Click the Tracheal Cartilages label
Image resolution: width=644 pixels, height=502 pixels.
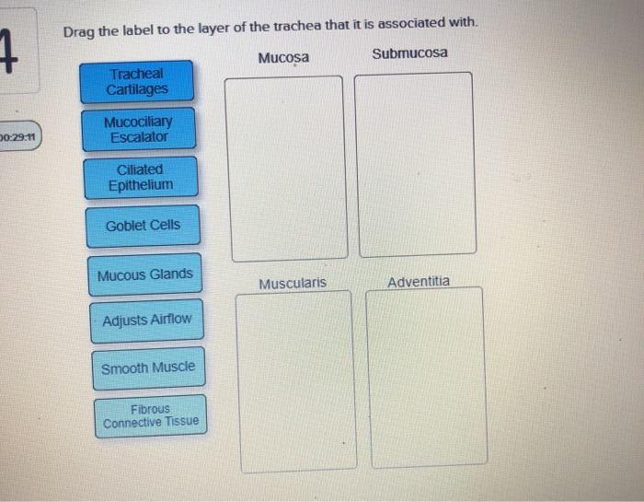point(137,81)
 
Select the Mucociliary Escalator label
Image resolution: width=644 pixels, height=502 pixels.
point(139,129)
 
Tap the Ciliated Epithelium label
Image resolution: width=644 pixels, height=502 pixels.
point(141,177)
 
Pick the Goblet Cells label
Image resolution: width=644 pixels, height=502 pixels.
point(143,226)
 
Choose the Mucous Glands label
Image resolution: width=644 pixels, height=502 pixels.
point(145,274)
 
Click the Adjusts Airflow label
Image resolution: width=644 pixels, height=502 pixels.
point(147,321)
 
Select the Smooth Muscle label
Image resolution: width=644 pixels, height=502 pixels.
point(149,368)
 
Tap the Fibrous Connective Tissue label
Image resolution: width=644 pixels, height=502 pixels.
point(151,416)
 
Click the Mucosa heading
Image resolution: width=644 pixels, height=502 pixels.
point(283,57)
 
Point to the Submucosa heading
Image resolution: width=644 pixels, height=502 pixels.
point(409,53)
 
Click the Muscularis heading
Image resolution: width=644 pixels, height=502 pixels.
point(293,284)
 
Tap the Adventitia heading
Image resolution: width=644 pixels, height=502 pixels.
point(419,282)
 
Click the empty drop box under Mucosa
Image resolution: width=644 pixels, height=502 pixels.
point(286,169)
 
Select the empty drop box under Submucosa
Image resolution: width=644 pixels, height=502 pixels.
point(415,165)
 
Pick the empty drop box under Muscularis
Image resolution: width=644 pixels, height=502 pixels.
point(296,382)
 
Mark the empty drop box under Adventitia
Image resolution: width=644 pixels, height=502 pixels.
point(426,378)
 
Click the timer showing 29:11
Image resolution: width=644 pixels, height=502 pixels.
point(18,136)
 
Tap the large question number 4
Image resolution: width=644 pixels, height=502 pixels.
point(8,51)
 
